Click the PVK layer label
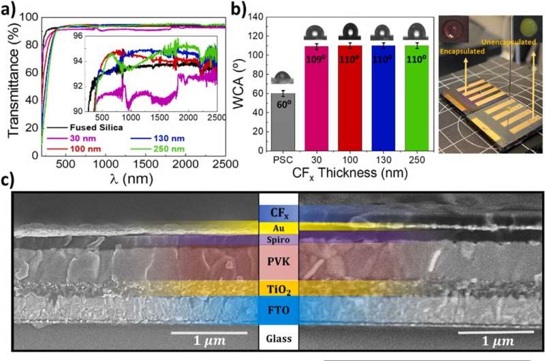tap(279, 261)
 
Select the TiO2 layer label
tap(279, 288)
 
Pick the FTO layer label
tap(279, 311)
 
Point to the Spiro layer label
tap(279, 240)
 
